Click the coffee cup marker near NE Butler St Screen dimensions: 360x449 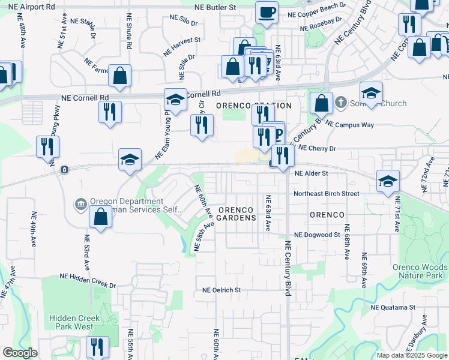pos(267,11)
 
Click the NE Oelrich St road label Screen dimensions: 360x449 pos(221,290)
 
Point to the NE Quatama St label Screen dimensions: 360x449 pos(393,307)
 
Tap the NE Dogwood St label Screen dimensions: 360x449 pos(317,235)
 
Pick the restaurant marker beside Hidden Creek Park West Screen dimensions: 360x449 pos(96,347)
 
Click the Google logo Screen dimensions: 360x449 pos(20,353)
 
